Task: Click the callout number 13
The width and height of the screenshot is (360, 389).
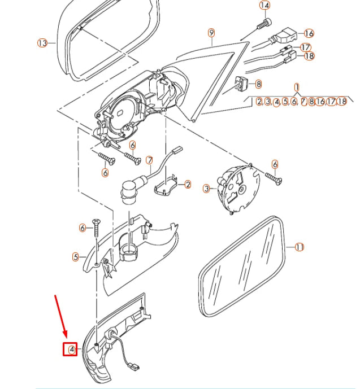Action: pos(42,43)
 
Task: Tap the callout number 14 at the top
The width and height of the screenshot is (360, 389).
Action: pos(264,6)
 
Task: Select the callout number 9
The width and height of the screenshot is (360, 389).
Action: pos(211,32)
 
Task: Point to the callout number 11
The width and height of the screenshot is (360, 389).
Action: pos(300,247)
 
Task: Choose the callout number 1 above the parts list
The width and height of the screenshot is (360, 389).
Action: pos(296,88)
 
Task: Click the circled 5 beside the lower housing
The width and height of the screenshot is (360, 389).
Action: pos(75,257)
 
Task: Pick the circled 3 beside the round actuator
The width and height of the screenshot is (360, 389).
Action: pos(206,188)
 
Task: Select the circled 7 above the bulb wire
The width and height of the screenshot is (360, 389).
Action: pos(150,160)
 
